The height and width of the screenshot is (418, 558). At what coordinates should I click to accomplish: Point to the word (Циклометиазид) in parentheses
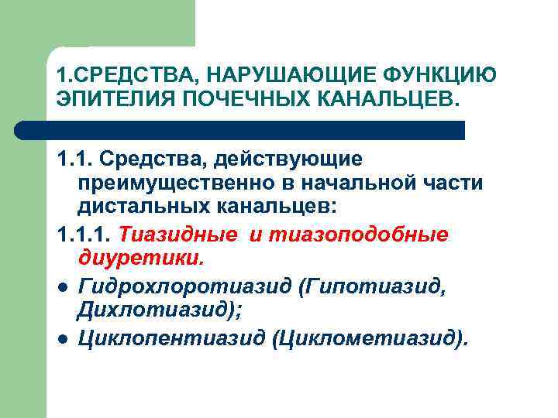[x=370, y=339]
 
